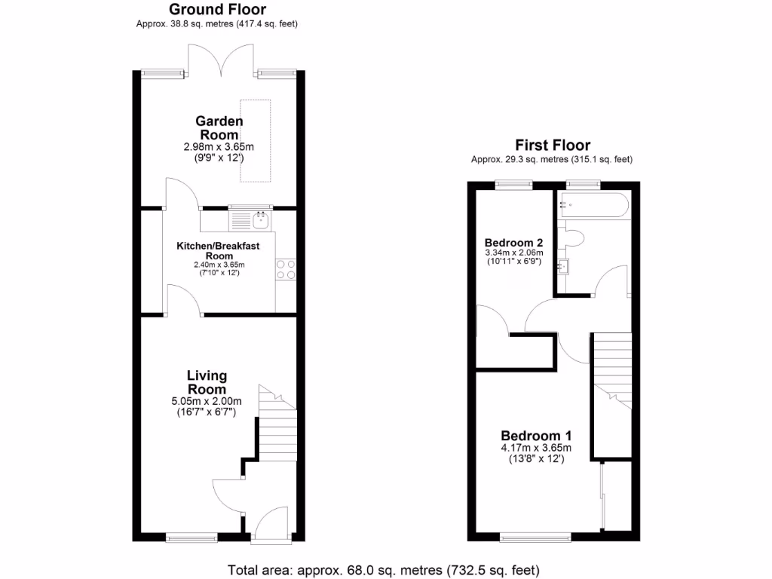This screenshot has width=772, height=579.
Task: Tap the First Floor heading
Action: [552, 145]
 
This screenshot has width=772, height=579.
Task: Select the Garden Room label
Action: [219, 127]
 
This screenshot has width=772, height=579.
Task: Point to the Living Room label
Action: [207, 382]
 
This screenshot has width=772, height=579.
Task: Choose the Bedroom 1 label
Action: [536, 436]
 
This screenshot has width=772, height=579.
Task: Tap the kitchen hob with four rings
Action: [286, 269]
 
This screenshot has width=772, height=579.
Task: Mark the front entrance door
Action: [269, 523]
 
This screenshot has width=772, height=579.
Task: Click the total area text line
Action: [384, 569]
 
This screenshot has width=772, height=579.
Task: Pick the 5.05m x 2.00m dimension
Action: [207, 401]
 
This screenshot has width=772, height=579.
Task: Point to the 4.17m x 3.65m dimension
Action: [536, 448]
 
